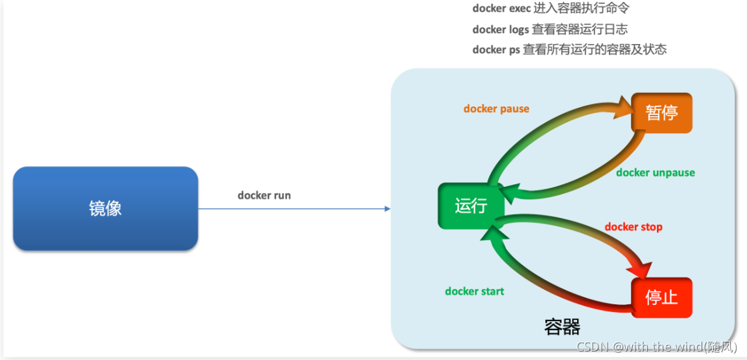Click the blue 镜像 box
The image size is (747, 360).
click(x=105, y=208)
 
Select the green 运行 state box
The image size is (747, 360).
click(x=471, y=206)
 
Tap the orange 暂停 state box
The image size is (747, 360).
click(x=661, y=112)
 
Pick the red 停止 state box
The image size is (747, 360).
click(x=661, y=298)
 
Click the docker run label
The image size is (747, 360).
click(x=264, y=195)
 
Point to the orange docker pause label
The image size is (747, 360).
click(x=497, y=109)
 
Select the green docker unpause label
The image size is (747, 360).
click(x=656, y=172)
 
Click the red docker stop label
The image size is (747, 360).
click(x=634, y=227)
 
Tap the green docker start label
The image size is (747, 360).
click(x=475, y=291)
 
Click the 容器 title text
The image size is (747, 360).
click(x=562, y=328)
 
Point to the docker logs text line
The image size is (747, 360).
click(x=550, y=29)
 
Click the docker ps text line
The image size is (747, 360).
click(x=569, y=49)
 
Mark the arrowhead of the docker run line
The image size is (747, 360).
click(x=387, y=208)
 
